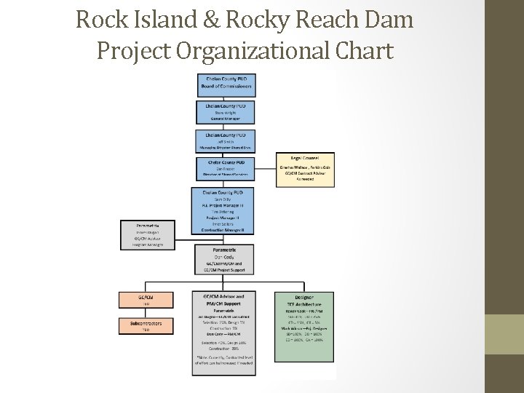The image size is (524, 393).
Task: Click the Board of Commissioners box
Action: [226, 84]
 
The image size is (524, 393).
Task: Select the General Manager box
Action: [226, 112]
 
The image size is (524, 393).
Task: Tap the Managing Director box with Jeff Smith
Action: [226, 140]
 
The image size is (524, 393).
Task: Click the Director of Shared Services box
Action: [226, 168]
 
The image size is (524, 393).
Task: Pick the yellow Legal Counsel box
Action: [305, 170]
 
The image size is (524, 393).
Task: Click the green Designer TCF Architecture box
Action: [304, 327]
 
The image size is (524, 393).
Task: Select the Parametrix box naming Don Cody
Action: [226, 259]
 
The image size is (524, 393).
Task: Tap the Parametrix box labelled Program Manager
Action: [148, 235]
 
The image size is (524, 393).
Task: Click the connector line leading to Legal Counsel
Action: [266, 170]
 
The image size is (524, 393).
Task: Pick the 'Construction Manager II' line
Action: [226, 229]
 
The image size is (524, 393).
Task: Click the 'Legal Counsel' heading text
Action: [305, 157]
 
